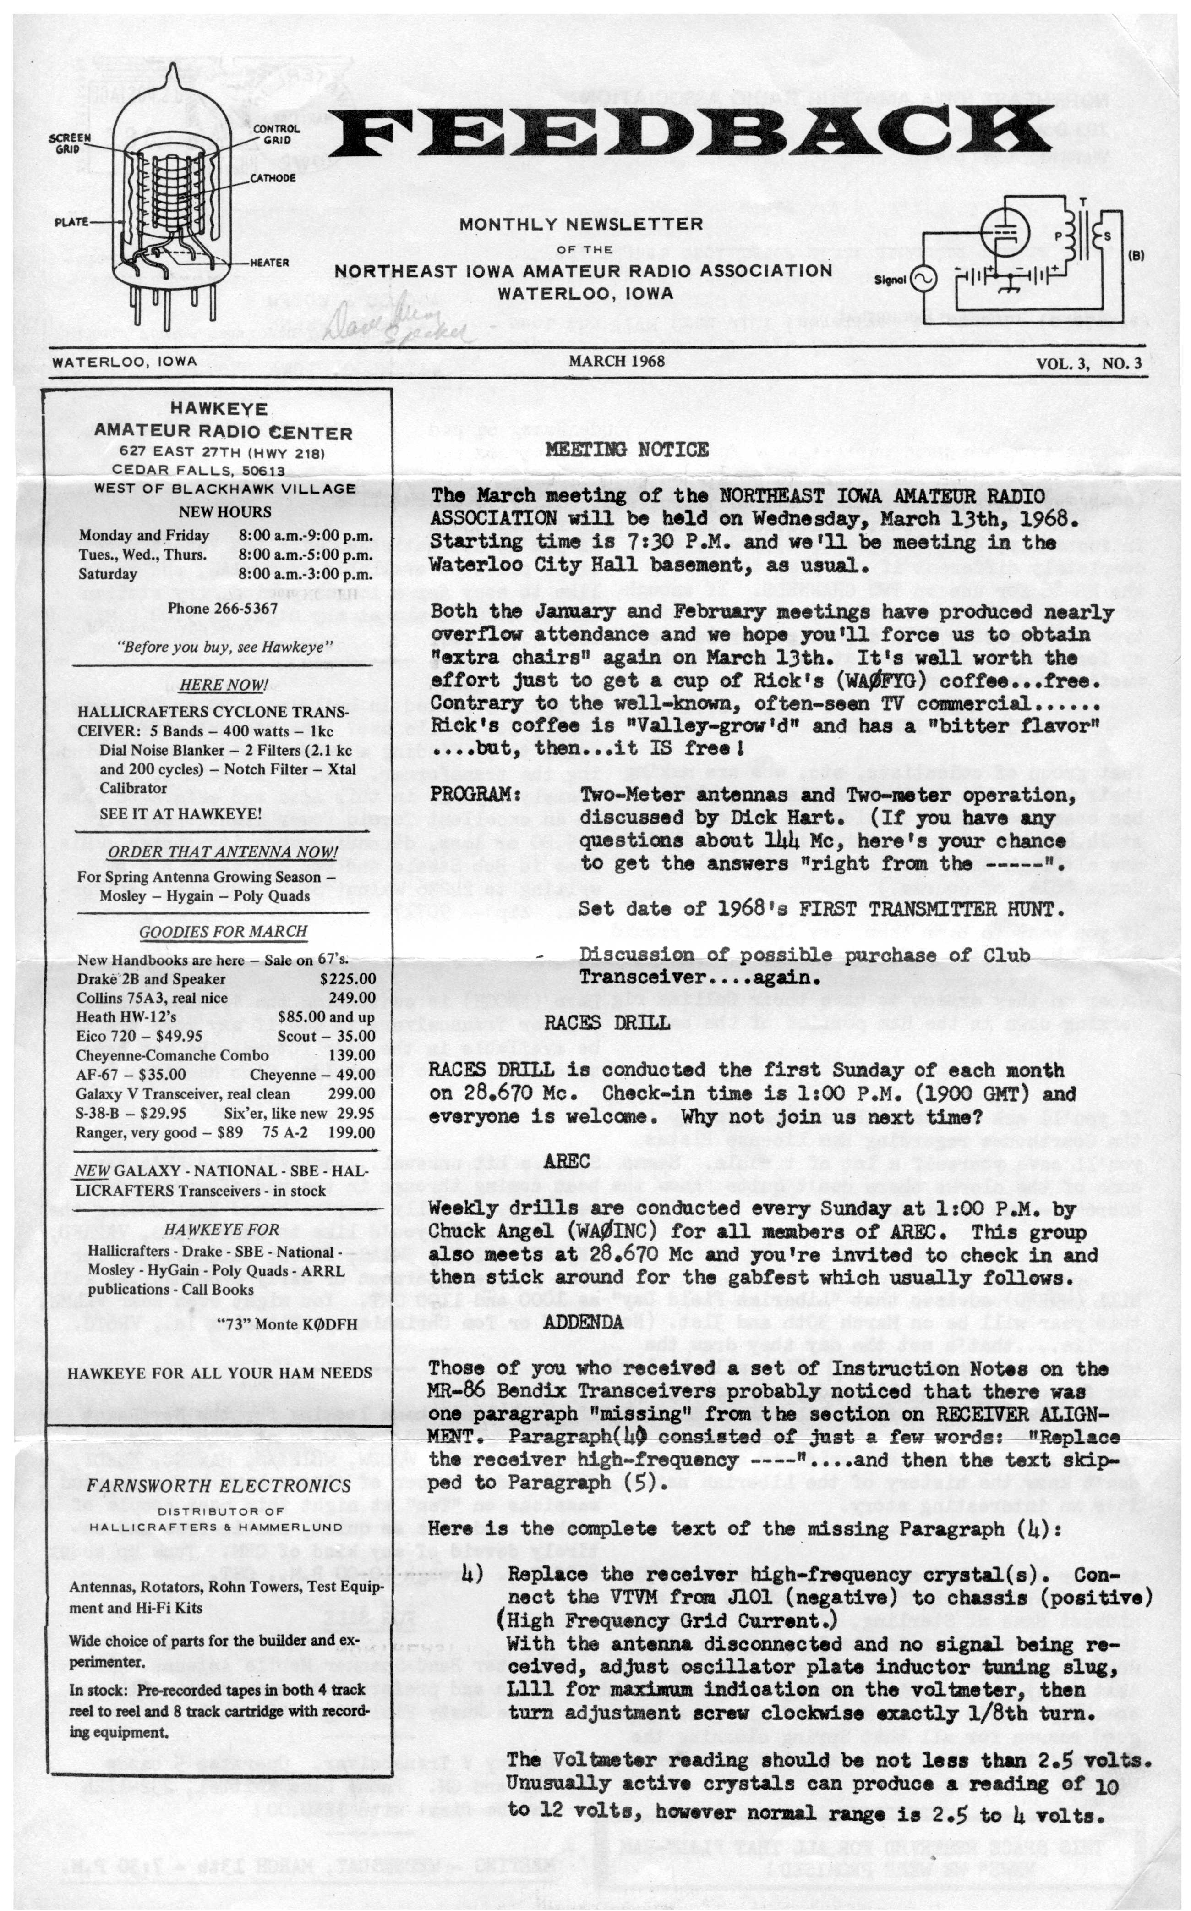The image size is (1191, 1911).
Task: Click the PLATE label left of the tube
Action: pos(71,222)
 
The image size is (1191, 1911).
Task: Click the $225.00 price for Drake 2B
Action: pos(347,979)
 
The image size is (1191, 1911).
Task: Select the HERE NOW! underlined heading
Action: pos(223,685)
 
